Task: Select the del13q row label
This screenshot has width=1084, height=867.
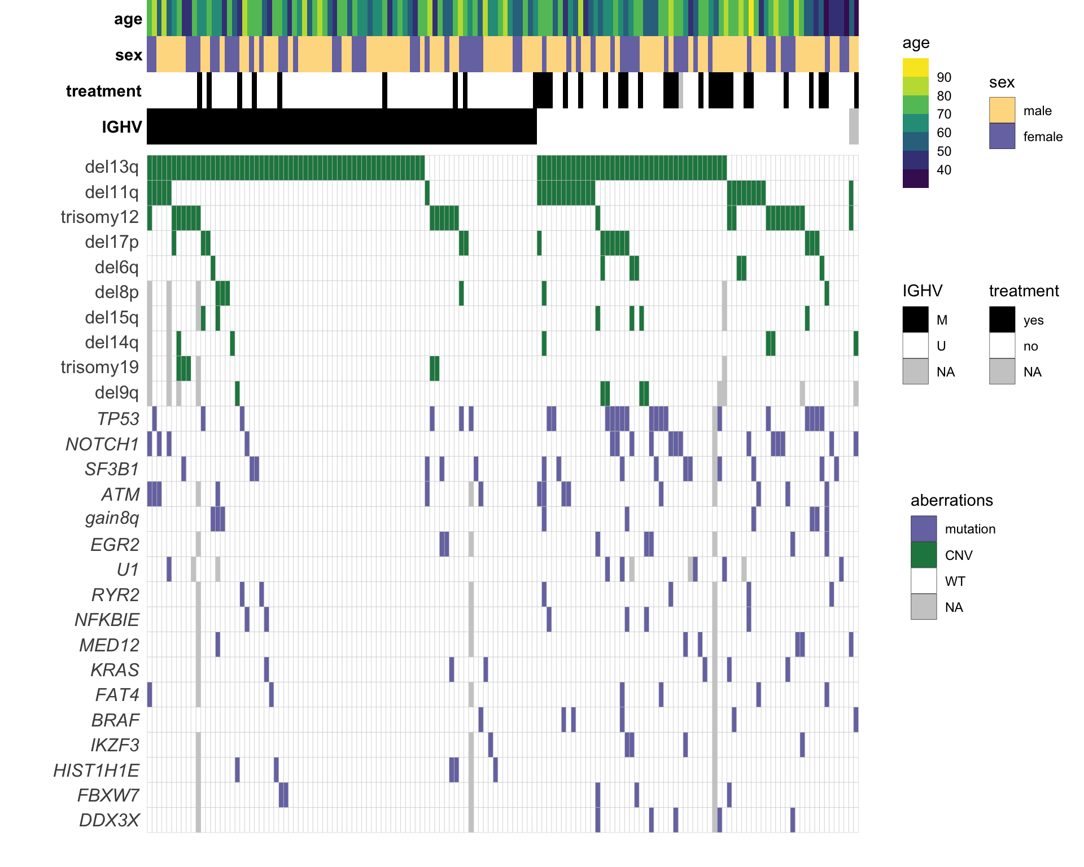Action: click(x=111, y=167)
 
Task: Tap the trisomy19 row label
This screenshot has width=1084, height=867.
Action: click(x=99, y=367)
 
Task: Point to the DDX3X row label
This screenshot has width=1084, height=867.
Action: click(x=109, y=820)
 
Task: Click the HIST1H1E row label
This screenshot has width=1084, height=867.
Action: click(x=96, y=770)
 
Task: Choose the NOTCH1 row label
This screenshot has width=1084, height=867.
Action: click(x=102, y=444)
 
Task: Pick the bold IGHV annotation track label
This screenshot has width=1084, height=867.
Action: click(x=121, y=127)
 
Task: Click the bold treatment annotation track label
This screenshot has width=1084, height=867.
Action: click(x=103, y=91)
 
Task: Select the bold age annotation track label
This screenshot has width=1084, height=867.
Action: click(x=128, y=19)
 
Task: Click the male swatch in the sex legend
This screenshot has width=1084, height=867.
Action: click(x=1002, y=110)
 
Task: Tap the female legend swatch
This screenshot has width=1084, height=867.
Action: click(x=1002, y=136)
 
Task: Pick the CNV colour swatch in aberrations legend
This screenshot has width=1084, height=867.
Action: click(x=924, y=555)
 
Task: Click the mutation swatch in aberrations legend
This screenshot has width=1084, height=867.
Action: click(x=924, y=529)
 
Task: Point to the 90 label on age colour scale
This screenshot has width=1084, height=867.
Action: click(x=944, y=77)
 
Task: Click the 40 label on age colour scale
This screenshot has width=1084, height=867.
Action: click(x=944, y=170)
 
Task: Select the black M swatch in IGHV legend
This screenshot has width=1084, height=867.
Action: click(x=915, y=319)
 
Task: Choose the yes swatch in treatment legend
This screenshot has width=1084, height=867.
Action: click(x=1002, y=319)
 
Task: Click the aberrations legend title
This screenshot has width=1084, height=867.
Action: click(x=951, y=501)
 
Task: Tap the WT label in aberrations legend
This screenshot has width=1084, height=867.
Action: click(x=955, y=581)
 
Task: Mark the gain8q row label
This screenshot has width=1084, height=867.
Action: click(x=112, y=518)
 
